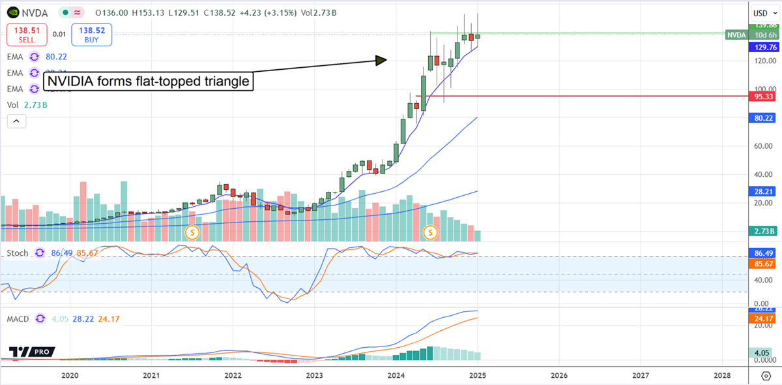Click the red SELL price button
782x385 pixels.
click(26, 34)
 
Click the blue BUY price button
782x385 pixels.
click(94, 34)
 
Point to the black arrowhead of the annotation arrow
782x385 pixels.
click(381, 60)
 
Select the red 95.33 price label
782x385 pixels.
click(763, 96)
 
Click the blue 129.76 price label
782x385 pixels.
click(763, 47)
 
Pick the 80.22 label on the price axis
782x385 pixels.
click(763, 117)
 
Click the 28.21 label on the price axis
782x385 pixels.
click(763, 191)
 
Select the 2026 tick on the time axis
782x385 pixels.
click(558, 375)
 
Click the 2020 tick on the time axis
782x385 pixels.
click(70, 375)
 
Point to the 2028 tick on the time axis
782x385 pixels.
click(722, 375)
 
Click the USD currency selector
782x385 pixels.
click(763, 13)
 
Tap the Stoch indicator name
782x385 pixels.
click(18, 253)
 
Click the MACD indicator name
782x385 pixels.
click(20, 319)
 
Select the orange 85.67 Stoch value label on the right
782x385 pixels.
click(763, 265)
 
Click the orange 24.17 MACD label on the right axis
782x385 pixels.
click(763, 318)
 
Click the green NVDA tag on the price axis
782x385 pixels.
click(736, 34)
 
